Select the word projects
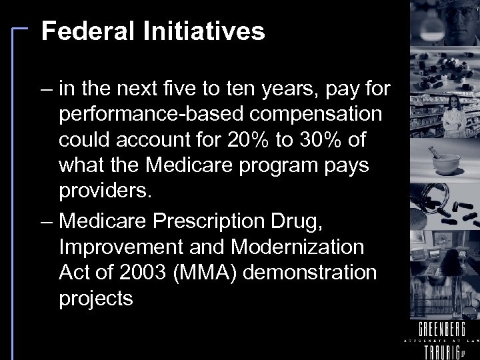pyautogui.click(x=96, y=299)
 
